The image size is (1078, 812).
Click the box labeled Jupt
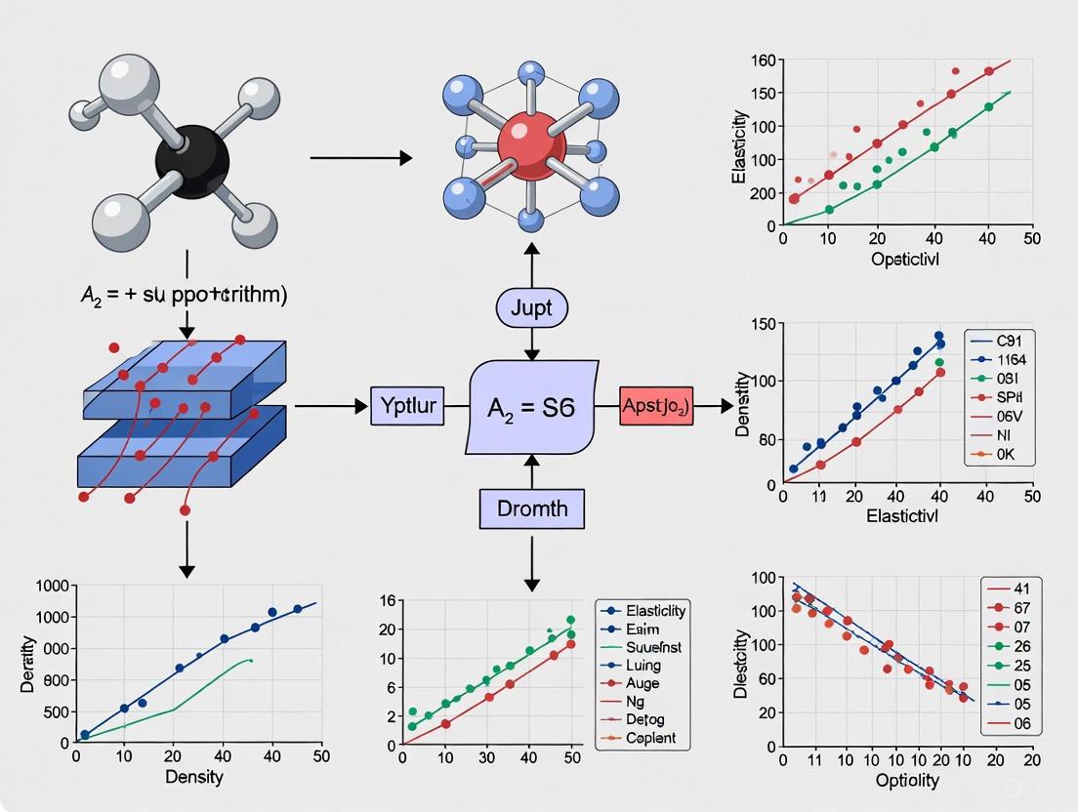click(x=531, y=308)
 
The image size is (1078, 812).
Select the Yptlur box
click(x=407, y=405)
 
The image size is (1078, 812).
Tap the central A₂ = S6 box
click(x=531, y=407)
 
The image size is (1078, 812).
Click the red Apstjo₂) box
click(x=655, y=406)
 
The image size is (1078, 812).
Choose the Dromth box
click(x=531, y=508)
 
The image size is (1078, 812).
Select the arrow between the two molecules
click(x=360, y=157)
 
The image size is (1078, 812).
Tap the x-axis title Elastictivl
click(x=902, y=516)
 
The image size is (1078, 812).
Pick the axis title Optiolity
click(x=908, y=780)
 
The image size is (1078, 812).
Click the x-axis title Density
click(x=194, y=777)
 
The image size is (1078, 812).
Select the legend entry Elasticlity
click(x=655, y=611)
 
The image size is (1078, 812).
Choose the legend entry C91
click(x=1010, y=343)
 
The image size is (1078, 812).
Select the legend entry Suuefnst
click(x=654, y=647)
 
